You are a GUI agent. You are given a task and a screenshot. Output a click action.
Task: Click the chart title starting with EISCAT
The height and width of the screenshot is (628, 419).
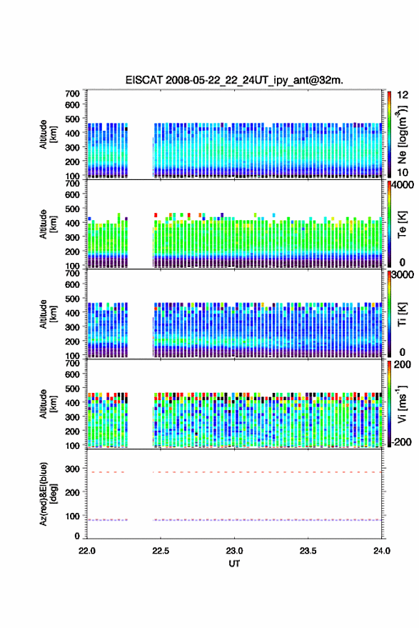pos(234,80)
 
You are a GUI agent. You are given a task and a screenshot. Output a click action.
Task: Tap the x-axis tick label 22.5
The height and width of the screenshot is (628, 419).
pos(161,551)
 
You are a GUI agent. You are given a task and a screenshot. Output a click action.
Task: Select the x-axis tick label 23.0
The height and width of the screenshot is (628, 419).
pos(234,551)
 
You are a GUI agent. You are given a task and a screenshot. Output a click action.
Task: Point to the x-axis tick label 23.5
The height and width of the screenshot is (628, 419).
pos(308,551)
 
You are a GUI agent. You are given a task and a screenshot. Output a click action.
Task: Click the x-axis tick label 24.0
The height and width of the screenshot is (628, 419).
pos(381,551)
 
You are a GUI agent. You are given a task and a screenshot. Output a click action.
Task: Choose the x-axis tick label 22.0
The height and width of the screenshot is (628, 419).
pos(87,551)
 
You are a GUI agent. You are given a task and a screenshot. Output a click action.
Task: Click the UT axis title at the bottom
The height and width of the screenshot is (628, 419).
pos(234,564)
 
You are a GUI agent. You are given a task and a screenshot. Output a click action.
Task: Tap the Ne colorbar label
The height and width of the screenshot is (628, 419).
pos(402,134)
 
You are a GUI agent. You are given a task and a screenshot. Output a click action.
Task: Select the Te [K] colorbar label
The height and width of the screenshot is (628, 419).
pos(402,224)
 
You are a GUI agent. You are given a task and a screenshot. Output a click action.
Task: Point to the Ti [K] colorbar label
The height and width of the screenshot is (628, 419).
pos(402,314)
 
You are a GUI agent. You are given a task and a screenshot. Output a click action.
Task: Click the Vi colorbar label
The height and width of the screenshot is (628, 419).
pos(402,404)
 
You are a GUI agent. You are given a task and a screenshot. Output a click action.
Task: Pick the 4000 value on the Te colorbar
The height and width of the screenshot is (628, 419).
pos(403,184)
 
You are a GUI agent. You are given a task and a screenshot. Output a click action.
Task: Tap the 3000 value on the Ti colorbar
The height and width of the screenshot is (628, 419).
pos(403,274)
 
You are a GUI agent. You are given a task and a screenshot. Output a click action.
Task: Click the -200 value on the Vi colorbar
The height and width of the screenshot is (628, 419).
pos(401,442)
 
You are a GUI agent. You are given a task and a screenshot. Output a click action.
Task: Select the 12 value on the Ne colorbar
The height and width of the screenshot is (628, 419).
pos(403,95)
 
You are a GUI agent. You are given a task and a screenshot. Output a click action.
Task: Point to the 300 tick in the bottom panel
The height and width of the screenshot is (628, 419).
pos(72,468)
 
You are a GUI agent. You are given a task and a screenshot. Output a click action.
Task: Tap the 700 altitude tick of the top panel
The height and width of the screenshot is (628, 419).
pos(72,94)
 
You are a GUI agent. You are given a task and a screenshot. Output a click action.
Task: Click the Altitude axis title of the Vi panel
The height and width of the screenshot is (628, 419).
pos(48,404)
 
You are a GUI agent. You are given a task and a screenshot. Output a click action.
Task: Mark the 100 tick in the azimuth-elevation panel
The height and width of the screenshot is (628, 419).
pos(72,516)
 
